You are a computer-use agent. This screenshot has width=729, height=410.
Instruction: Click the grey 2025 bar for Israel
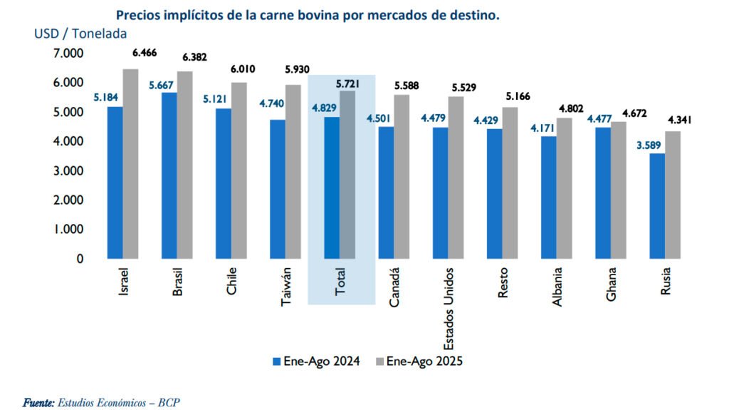(130, 163)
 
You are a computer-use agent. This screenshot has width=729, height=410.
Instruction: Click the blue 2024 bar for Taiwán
(277, 189)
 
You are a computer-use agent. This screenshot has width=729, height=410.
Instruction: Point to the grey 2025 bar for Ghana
(618, 190)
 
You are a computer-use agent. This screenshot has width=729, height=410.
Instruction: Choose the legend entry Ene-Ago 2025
(424, 362)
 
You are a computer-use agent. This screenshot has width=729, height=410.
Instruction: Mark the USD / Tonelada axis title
(80, 34)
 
